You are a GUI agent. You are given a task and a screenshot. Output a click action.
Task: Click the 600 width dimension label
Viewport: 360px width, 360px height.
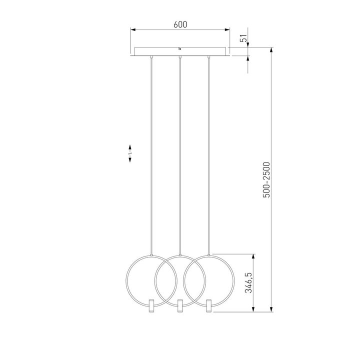point(180,24)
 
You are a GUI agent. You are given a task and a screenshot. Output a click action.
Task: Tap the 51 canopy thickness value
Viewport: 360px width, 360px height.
point(243,39)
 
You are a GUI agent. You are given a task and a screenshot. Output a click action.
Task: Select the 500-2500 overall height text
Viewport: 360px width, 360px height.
point(266,179)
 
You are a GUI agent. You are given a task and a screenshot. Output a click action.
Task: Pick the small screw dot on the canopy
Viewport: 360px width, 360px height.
point(179,49)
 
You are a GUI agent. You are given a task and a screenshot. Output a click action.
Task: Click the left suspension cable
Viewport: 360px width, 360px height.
point(151,150)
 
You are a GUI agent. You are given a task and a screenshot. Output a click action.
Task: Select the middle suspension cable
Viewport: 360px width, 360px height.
point(179,150)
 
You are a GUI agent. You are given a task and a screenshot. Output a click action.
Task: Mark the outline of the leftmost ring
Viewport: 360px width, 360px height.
point(127,280)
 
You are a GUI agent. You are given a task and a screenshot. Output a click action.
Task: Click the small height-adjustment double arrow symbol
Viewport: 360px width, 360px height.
point(130,153)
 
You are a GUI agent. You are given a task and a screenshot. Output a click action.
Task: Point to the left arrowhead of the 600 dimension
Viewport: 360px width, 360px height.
point(133,30)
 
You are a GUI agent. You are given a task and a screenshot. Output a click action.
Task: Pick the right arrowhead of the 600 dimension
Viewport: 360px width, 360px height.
point(227,30)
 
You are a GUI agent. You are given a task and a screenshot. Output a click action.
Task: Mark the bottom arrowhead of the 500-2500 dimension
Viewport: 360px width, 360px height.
point(271,309)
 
